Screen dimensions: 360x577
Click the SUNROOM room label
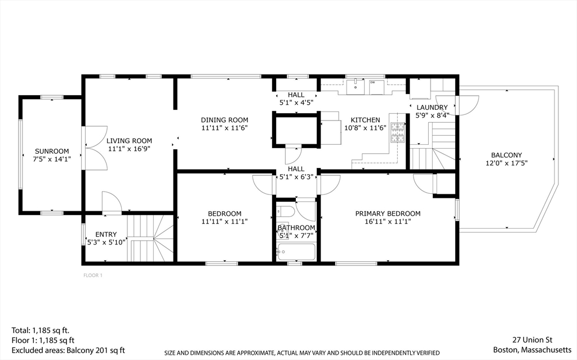click(x=52, y=151)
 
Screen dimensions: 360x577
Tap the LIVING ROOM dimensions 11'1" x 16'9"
click(x=130, y=149)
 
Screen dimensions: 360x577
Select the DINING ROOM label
click(x=224, y=120)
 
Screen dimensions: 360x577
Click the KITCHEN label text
click(x=365, y=120)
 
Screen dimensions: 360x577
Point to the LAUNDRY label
click(x=432, y=108)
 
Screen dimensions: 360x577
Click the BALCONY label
click(x=506, y=155)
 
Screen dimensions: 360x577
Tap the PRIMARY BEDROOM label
click(x=388, y=214)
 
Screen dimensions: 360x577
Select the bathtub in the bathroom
click(x=296, y=250)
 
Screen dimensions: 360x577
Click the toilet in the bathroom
click(x=283, y=214)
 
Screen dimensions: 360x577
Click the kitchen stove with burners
click(x=398, y=133)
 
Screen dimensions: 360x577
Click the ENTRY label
click(x=106, y=234)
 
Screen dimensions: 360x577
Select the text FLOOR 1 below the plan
click(x=92, y=275)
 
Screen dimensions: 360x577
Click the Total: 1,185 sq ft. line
click(x=40, y=330)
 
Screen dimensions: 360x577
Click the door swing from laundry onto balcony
click(x=467, y=105)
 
